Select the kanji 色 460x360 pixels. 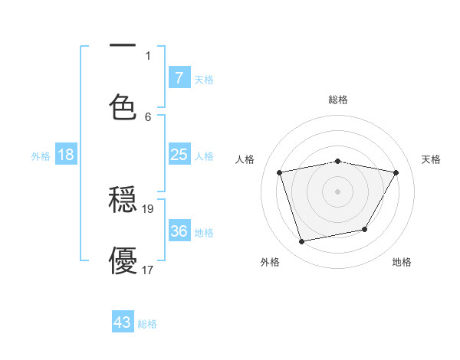pyautogui.click(x=123, y=106)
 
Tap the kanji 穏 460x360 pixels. pyautogui.click(x=123, y=201)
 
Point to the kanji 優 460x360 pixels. pyautogui.click(x=123, y=260)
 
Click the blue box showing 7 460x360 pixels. pyautogui.click(x=179, y=77)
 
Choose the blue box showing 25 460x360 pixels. pyautogui.click(x=179, y=155)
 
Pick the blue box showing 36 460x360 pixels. pyautogui.click(x=179, y=231)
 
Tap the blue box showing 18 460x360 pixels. pyautogui.click(x=66, y=155)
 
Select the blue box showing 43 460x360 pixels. pyautogui.click(x=123, y=322)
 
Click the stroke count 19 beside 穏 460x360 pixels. pyautogui.click(x=149, y=208)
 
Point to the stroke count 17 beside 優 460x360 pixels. pyautogui.click(x=149, y=270)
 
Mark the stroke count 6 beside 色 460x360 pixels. pyautogui.click(x=149, y=116)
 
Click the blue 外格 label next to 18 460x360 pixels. pyautogui.click(x=41, y=156)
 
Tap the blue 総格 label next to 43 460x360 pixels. pyautogui.click(x=147, y=324)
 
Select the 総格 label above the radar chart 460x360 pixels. pyautogui.click(x=338, y=100)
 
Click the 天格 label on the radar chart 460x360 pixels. pyautogui.click(x=432, y=159)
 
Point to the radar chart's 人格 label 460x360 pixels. pyautogui.click(x=245, y=159)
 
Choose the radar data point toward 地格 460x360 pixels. pyautogui.click(x=365, y=229)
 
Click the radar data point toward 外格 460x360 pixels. pyautogui.click(x=302, y=242)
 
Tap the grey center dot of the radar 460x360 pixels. pyautogui.click(x=338, y=191)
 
